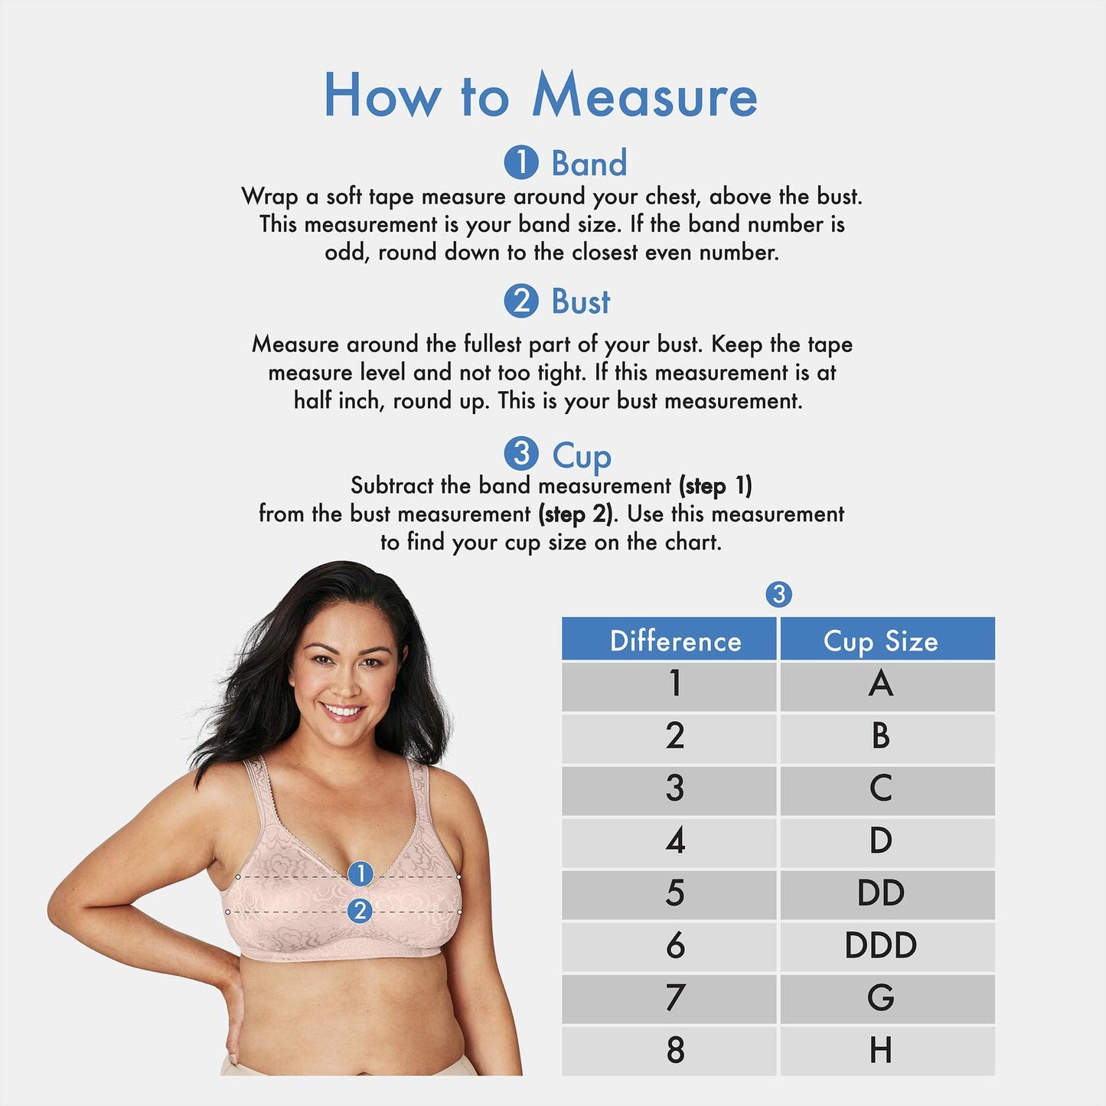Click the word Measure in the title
pos(644,96)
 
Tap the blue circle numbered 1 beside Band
pos(520,162)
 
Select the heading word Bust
pos(581,302)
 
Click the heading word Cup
pos(582,456)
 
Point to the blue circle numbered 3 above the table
pos(778,594)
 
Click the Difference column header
pos(675,641)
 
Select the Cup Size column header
pos(880,641)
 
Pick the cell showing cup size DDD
pos(880,945)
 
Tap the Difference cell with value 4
pos(674,841)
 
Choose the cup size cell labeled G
pos(880,998)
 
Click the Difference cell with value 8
pos(674,1050)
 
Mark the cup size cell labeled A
pos(880,684)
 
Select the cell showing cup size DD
pos(880,893)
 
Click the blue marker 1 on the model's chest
pos(360,873)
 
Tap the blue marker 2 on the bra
pos(360,911)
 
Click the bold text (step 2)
pos(577,514)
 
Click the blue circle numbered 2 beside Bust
pos(520,301)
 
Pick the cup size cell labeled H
pos(880,1050)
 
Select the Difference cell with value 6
pos(674,945)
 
